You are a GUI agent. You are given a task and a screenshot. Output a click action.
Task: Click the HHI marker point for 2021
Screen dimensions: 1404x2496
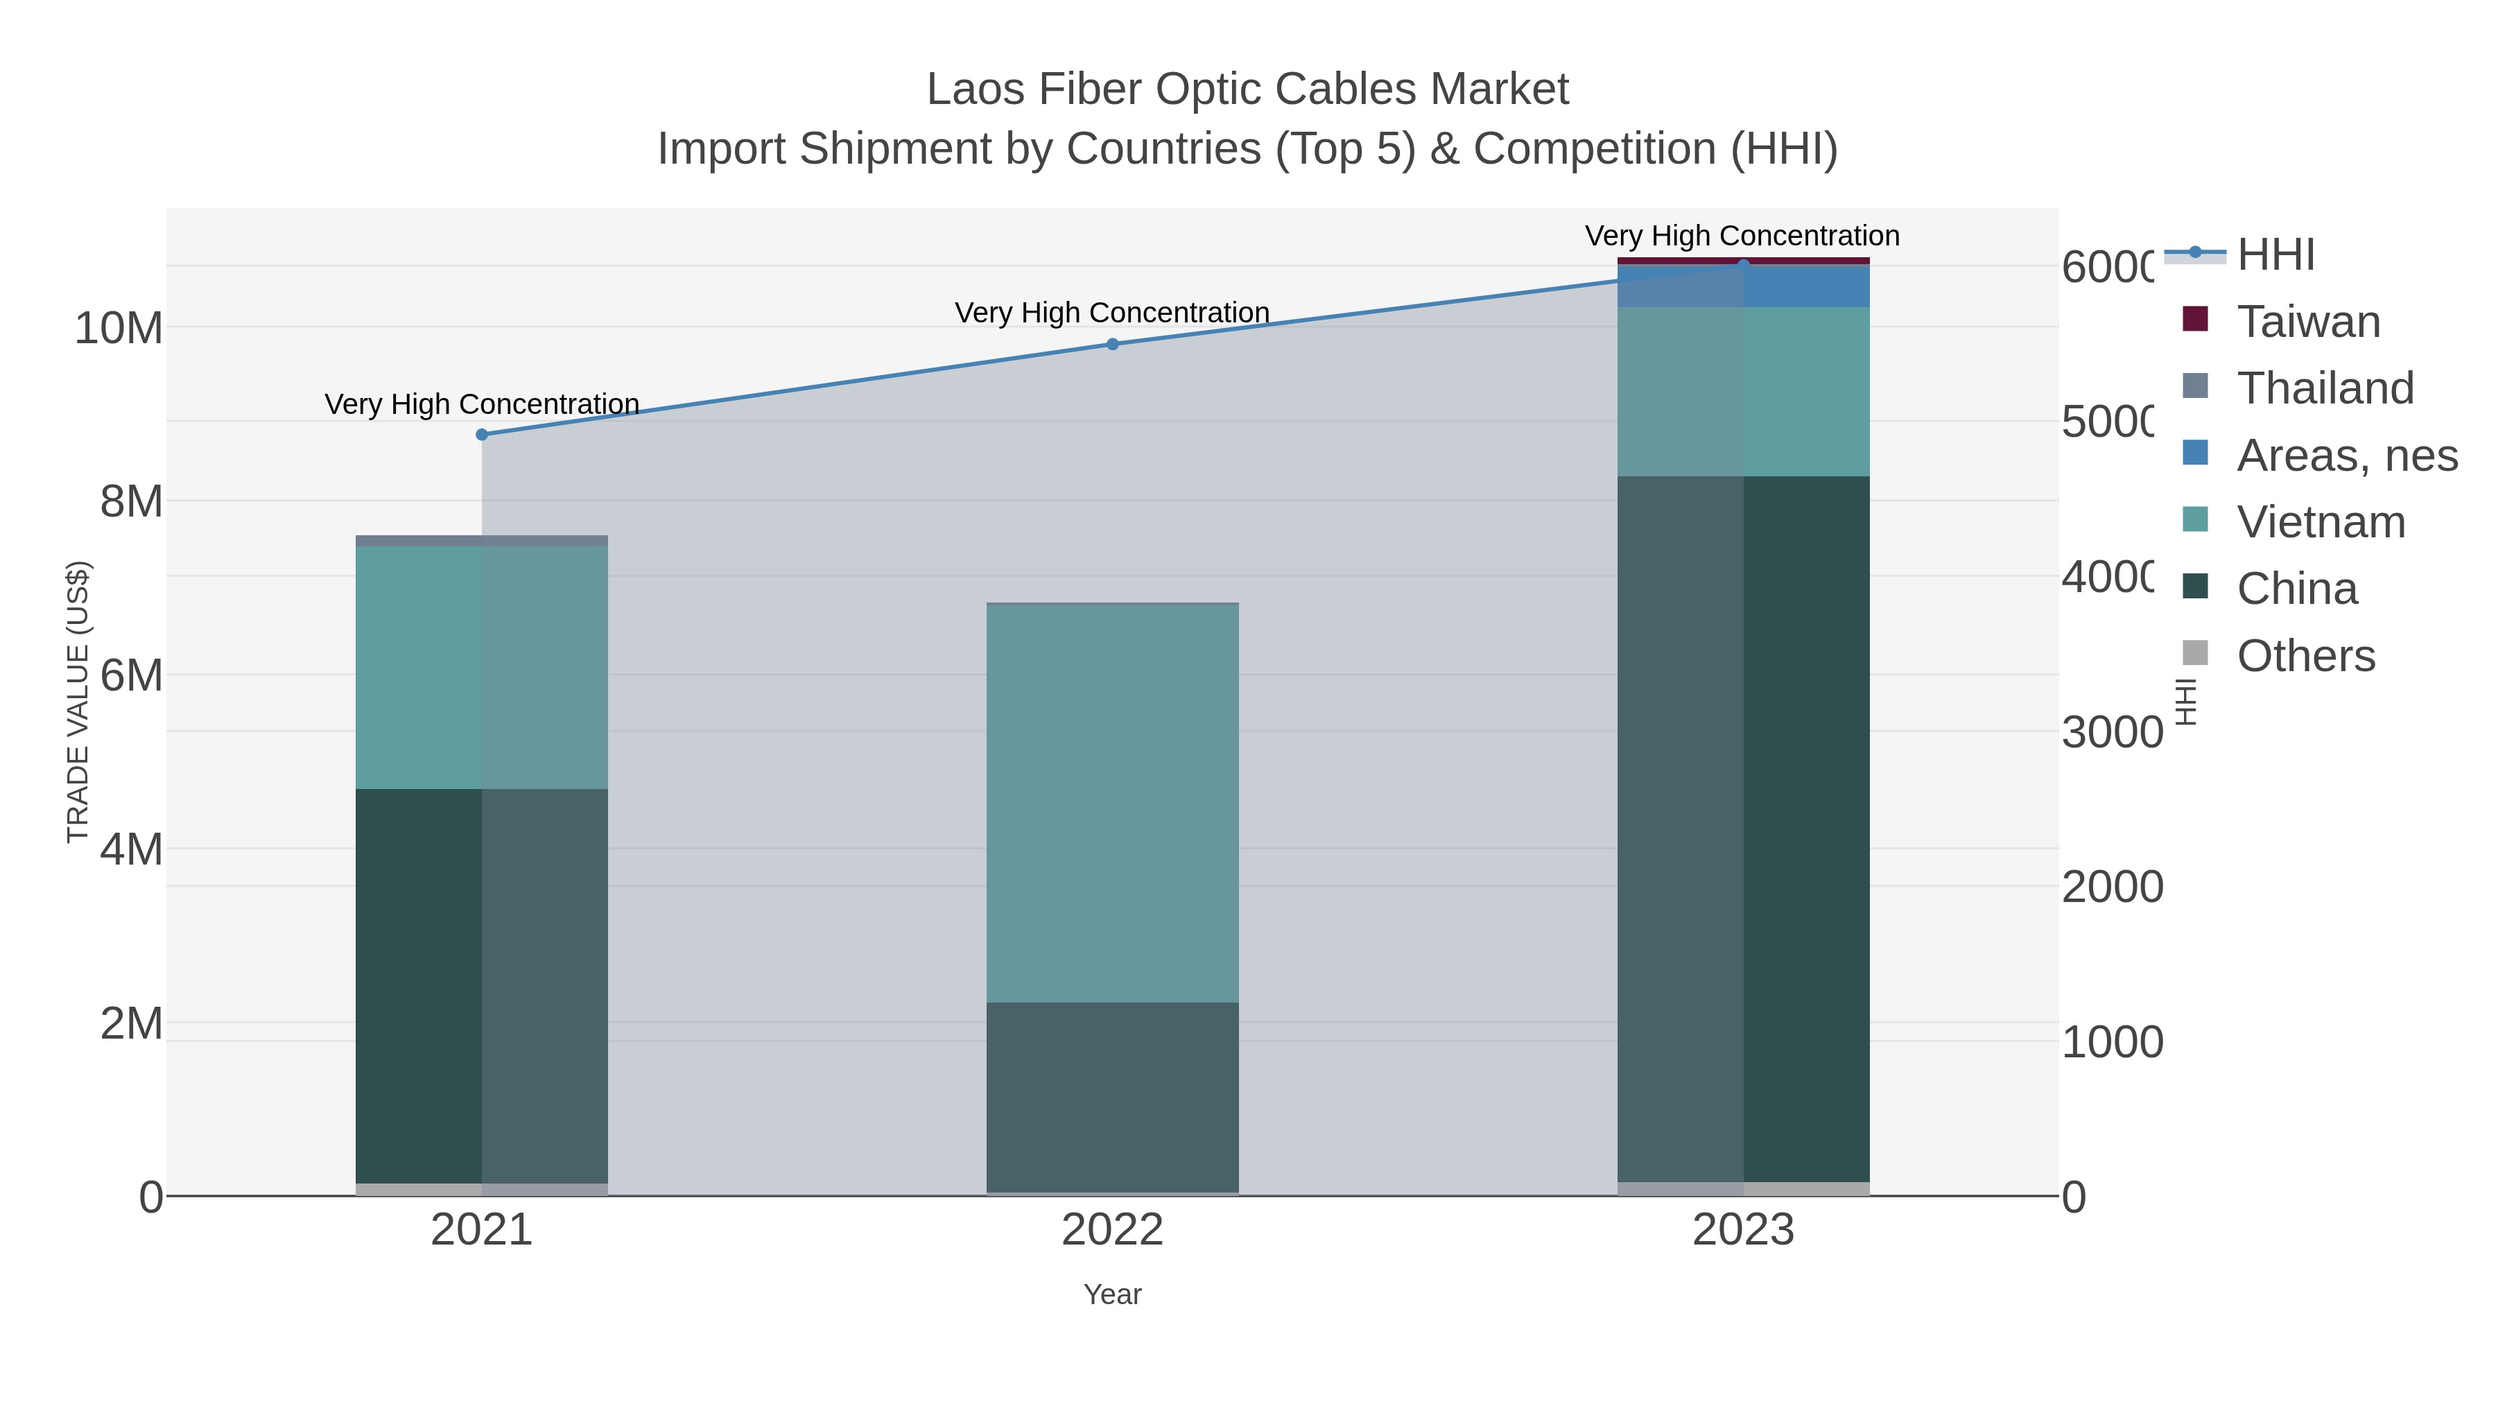482,434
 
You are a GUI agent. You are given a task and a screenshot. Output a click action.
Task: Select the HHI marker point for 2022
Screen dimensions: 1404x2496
1112,344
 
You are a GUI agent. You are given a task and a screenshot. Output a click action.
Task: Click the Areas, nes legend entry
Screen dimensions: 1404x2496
2346,456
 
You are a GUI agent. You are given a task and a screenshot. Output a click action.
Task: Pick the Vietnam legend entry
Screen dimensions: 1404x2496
2321,522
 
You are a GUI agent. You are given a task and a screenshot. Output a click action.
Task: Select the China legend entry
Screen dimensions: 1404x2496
2296,589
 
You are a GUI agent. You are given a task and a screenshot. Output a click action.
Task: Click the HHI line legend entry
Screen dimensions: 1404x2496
2275,255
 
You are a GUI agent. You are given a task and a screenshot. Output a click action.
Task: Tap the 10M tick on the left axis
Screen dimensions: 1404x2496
118,329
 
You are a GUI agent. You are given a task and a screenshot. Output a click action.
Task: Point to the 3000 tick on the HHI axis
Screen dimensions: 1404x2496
2111,733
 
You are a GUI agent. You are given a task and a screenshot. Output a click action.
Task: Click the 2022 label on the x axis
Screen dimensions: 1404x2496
1112,1231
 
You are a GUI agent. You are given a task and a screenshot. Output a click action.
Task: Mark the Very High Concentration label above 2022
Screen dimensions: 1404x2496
1112,313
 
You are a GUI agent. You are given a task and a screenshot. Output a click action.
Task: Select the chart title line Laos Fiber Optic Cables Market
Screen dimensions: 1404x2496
1247,89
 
